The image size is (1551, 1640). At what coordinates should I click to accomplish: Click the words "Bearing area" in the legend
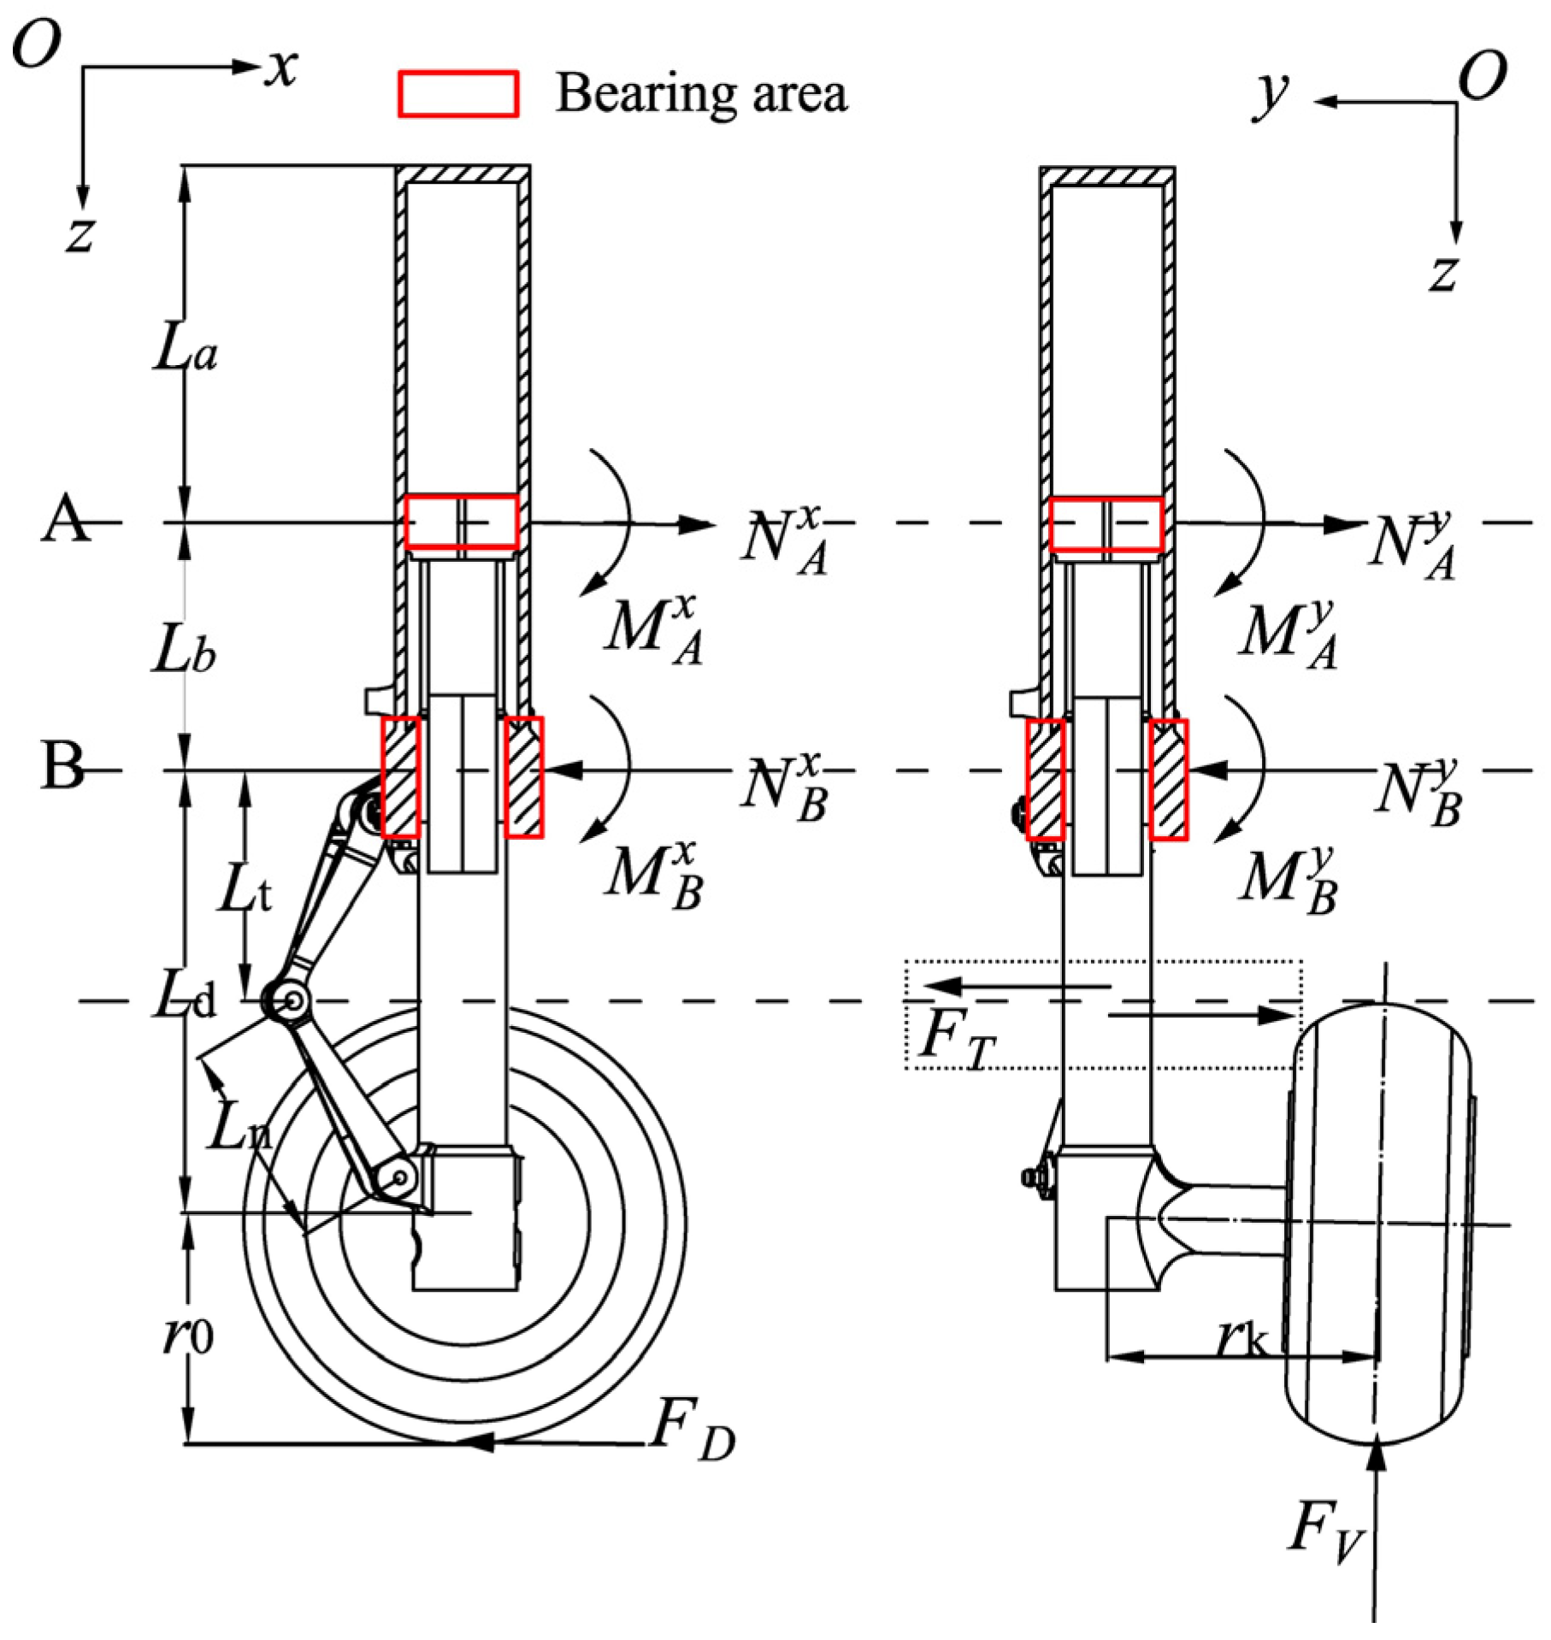pyautogui.click(x=701, y=94)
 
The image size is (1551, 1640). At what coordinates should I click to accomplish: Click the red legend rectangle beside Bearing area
pyautogui.click(x=458, y=94)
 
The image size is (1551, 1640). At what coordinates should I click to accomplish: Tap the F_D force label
pyautogui.click(x=691, y=1430)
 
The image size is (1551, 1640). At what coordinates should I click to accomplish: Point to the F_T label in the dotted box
pyautogui.click(x=956, y=1039)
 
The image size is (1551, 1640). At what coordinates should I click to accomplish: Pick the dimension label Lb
pyautogui.click(x=183, y=652)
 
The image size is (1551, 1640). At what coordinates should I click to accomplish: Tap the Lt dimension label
pyautogui.click(x=245, y=891)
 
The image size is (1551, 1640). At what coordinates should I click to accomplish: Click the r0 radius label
pyautogui.click(x=188, y=1336)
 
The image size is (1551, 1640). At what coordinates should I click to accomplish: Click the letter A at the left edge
pyautogui.click(x=65, y=521)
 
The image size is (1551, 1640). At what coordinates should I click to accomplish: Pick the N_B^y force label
pyautogui.click(x=1419, y=792)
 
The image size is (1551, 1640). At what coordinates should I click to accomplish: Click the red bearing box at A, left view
pyautogui.click(x=462, y=522)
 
